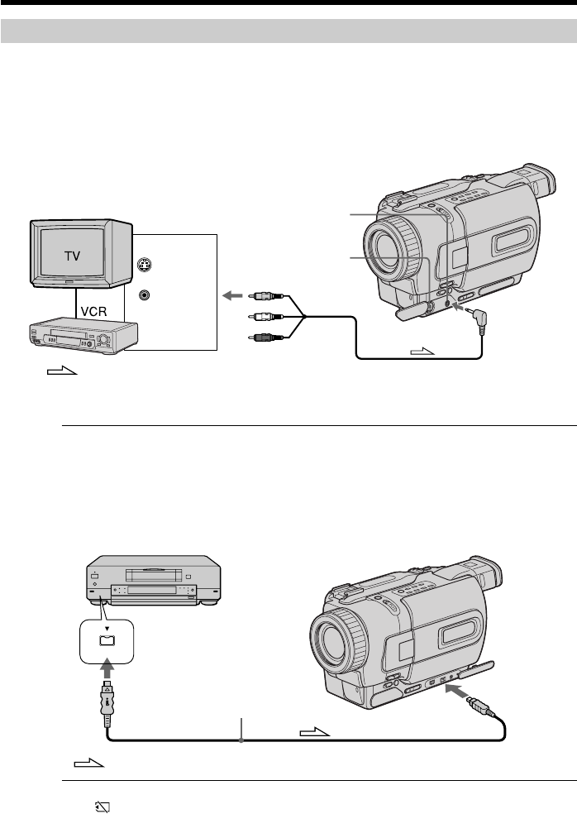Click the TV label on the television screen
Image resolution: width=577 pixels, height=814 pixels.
click(72, 256)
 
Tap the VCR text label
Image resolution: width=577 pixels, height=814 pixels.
click(94, 312)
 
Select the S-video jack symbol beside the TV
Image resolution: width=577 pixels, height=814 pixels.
click(145, 266)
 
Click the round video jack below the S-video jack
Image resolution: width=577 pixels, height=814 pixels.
click(145, 294)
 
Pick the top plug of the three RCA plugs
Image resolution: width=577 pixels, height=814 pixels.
click(265, 296)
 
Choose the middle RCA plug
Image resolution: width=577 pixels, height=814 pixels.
click(265, 316)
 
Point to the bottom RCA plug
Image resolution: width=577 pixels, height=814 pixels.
click(265, 338)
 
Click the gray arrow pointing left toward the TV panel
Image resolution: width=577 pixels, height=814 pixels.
click(232, 296)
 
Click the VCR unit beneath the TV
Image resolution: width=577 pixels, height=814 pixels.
click(83, 338)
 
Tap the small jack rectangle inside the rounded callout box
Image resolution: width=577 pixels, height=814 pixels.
click(107, 640)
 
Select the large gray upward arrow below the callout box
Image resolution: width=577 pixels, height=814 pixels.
click(107, 667)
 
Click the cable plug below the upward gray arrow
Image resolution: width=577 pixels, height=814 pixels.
click(107, 703)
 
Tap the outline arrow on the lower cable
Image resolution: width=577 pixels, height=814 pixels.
click(314, 732)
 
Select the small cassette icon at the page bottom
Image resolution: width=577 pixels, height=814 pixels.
click(103, 807)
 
